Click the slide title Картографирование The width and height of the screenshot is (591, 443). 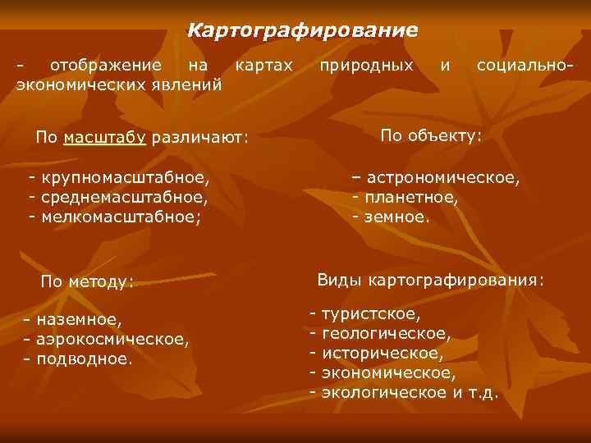pos(302,31)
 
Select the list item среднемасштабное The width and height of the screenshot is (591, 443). pos(124,198)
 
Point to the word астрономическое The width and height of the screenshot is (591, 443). pos(442,178)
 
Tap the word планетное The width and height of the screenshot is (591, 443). pos(410,198)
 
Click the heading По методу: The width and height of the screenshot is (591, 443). pos(87,282)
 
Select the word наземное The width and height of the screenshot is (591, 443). pos(78,319)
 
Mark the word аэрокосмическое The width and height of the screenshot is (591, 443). pos(111,338)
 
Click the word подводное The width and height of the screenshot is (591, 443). pos(83,358)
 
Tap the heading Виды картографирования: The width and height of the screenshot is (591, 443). pos(430,281)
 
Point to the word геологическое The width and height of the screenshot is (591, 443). pos(386,334)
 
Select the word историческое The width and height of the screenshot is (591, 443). pos(383,354)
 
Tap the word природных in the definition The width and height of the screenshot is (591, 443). pos(366,64)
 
